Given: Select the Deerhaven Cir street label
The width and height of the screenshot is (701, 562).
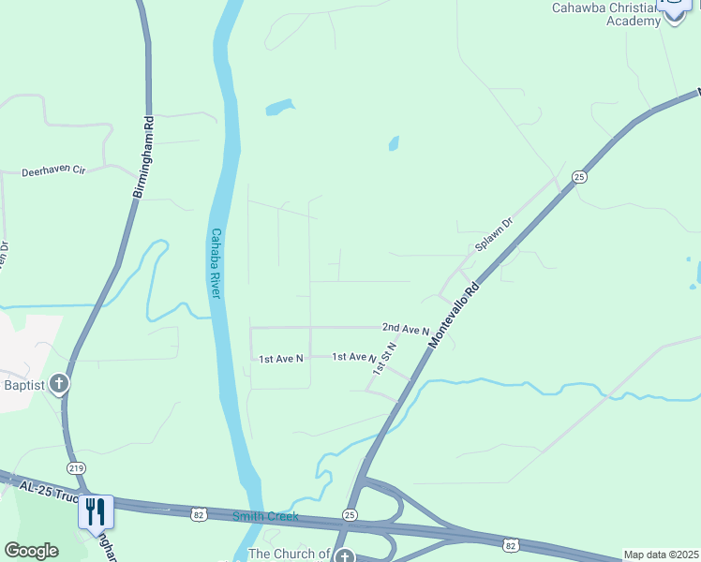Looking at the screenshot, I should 53,172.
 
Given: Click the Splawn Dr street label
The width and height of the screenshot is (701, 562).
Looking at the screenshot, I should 494,235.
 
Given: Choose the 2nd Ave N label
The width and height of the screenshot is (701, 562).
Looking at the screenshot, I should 405,329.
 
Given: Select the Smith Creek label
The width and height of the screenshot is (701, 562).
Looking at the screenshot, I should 266,516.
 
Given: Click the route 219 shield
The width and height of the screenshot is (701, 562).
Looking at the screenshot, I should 74,467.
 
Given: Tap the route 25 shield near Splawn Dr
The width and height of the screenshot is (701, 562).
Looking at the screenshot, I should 579,176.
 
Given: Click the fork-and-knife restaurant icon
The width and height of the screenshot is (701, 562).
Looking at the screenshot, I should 97,510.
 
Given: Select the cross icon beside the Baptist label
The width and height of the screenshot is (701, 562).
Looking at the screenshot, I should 59,383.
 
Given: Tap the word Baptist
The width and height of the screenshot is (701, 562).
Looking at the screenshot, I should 23,384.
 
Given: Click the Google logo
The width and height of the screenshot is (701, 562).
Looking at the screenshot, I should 31,551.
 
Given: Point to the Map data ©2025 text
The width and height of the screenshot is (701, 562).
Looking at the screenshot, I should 660,555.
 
